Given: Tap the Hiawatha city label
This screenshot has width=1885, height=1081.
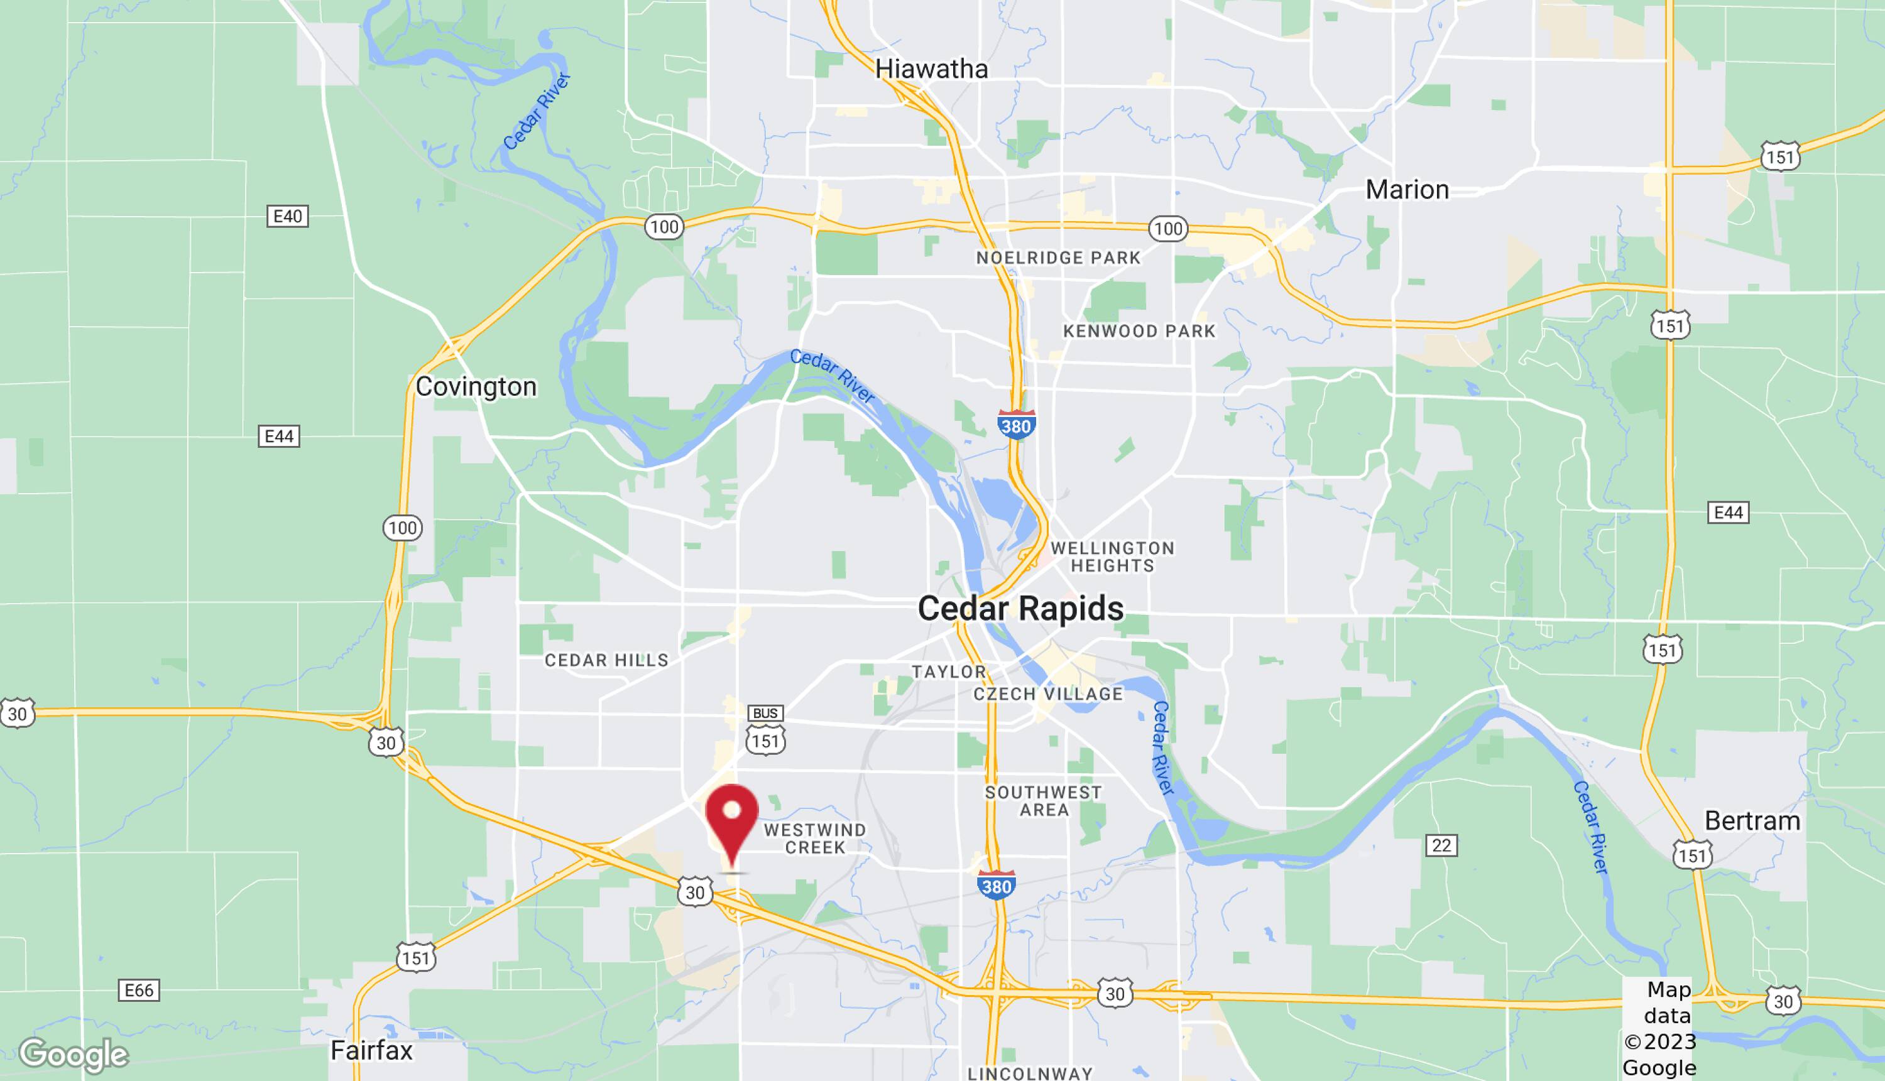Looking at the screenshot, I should point(931,69).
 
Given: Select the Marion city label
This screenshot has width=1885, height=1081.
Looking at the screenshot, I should point(1407,190).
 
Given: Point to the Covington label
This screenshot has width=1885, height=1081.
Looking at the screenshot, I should point(476,387).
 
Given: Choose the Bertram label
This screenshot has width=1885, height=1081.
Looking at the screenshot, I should point(1752,821).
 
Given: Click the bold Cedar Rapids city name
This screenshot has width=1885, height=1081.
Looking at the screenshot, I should point(1020,609).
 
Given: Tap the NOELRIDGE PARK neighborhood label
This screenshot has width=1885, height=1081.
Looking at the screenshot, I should point(1057,258).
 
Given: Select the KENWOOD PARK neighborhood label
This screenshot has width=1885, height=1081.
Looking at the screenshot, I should point(1139,331).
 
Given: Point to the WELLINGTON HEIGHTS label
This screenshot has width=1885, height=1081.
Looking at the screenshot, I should point(1113,557).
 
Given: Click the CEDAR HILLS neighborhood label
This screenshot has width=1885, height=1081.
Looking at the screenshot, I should point(606,660).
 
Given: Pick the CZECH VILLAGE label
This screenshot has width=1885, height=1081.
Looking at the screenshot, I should point(1048,694).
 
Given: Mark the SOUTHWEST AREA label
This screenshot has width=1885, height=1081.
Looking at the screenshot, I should point(1044,801).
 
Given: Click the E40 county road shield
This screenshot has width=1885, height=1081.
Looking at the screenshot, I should point(287,216).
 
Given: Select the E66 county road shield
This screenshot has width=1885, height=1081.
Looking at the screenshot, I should point(139,991).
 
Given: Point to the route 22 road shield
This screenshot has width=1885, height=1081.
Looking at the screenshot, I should point(1441,845).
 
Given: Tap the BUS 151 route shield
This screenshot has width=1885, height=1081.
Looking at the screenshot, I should point(765,731).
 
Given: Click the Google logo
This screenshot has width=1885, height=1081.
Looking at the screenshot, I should point(74,1054).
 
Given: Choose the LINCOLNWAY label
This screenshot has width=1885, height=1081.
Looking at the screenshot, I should point(1029,1073).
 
